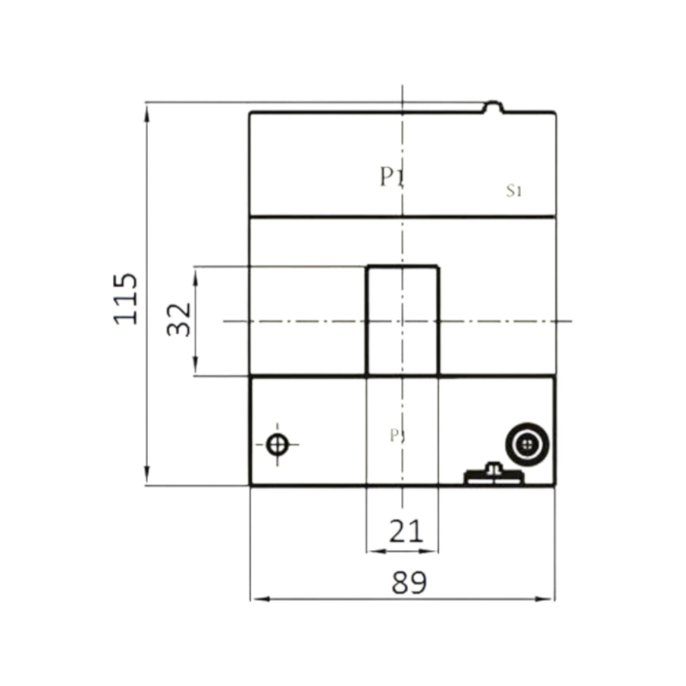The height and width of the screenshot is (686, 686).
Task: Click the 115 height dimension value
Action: pos(126,299)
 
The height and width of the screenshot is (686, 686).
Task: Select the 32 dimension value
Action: pos(179,319)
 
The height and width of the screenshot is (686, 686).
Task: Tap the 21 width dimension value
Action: pos(406,531)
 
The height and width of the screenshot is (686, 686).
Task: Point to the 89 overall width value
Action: pos(409,583)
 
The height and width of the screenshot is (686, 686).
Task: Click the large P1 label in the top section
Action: pos(392,178)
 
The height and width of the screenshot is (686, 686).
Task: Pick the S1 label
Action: pos(514,191)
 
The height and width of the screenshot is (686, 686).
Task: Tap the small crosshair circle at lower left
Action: pos(277,445)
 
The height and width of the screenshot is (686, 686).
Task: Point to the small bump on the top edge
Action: pos(494,106)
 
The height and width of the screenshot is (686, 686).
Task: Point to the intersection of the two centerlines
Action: pos(403,321)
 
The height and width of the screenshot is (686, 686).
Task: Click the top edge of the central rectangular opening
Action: pos(403,267)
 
